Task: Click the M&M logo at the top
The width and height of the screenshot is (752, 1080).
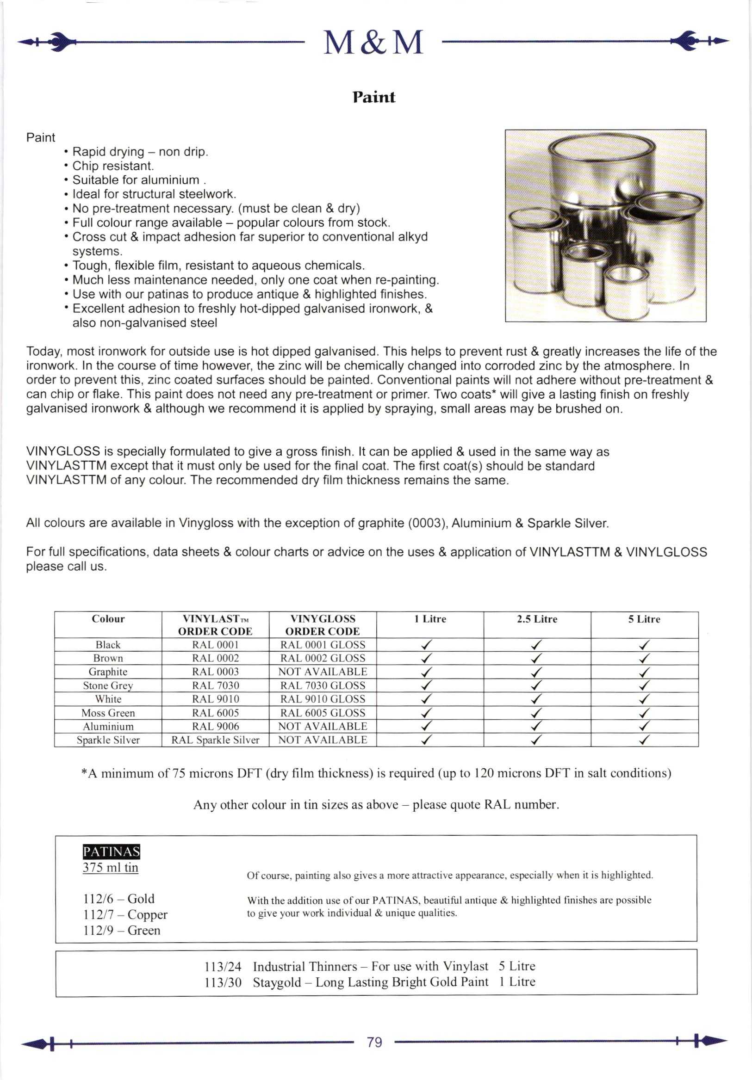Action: pyautogui.click(x=373, y=43)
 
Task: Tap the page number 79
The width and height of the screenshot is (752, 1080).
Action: pyautogui.click(x=374, y=1043)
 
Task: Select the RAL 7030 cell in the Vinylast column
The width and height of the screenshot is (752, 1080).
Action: pyautogui.click(x=215, y=685)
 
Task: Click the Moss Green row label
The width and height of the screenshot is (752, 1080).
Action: pyautogui.click(x=108, y=713)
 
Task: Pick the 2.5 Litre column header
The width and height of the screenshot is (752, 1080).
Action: pyautogui.click(x=536, y=619)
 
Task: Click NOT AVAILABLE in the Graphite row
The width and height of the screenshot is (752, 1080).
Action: pyautogui.click(x=323, y=672)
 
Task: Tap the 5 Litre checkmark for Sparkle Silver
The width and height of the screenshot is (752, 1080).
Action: pyautogui.click(x=644, y=741)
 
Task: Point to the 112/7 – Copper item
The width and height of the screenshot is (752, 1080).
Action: pyautogui.click(x=125, y=914)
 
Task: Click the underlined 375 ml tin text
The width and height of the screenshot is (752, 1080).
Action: pyautogui.click(x=110, y=867)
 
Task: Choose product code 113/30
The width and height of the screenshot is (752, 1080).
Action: pyautogui.click(x=223, y=982)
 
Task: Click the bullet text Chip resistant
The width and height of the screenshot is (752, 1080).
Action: pyautogui.click(x=113, y=166)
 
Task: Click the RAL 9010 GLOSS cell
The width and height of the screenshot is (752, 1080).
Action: pyautogui.click(x=323, y=699)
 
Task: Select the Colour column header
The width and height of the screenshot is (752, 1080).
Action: pyautogui.click(x=108, y=619)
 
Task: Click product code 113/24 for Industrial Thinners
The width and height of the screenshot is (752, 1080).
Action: pyautogui.click(x=223, y=967)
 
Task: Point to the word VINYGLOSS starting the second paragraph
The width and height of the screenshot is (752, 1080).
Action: pyautogui.click(x=63, y=451)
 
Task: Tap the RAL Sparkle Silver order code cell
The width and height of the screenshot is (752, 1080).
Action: pyautogui.click(x=215, y=740)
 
